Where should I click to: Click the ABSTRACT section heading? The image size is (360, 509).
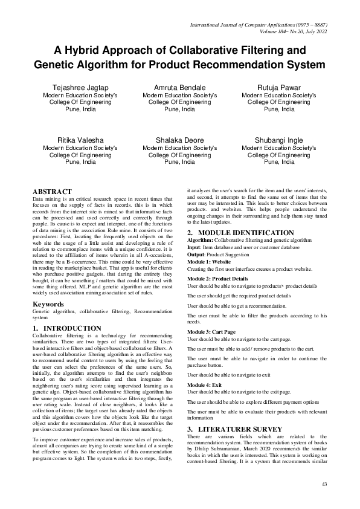click(52, 191)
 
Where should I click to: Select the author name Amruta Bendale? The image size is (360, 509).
click(179, 88)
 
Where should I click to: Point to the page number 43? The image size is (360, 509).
click(324, 485)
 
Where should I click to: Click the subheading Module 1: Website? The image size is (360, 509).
click(208, 262)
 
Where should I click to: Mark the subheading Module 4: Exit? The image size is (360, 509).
click(204, 385)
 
